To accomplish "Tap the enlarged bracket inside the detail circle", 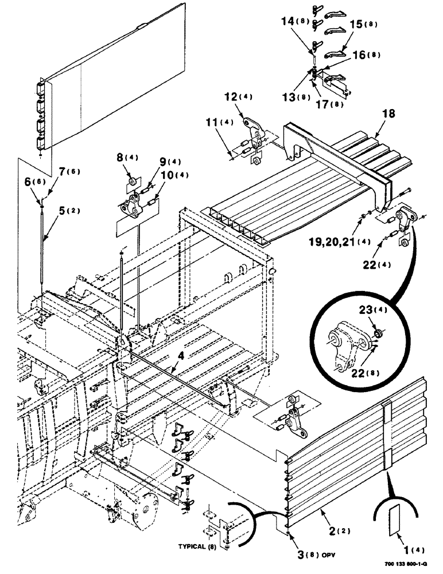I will coord(345,346).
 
